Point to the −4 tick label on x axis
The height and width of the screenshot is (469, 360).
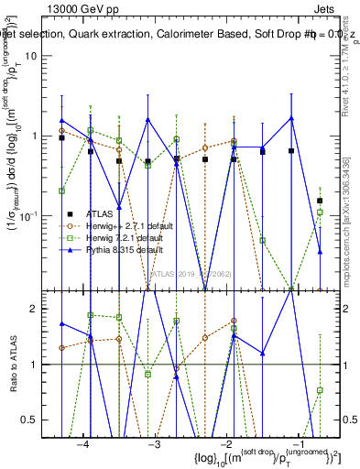tap(83, 444)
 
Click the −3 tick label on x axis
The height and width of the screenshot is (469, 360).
tap(155, 444)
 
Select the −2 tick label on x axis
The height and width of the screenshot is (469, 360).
tap(225, 444)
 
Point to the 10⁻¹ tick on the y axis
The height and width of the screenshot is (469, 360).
tap(40, 216)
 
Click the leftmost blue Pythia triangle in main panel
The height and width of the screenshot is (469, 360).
tap(62, 120)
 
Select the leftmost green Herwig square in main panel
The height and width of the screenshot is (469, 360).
tap(62, 191)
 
